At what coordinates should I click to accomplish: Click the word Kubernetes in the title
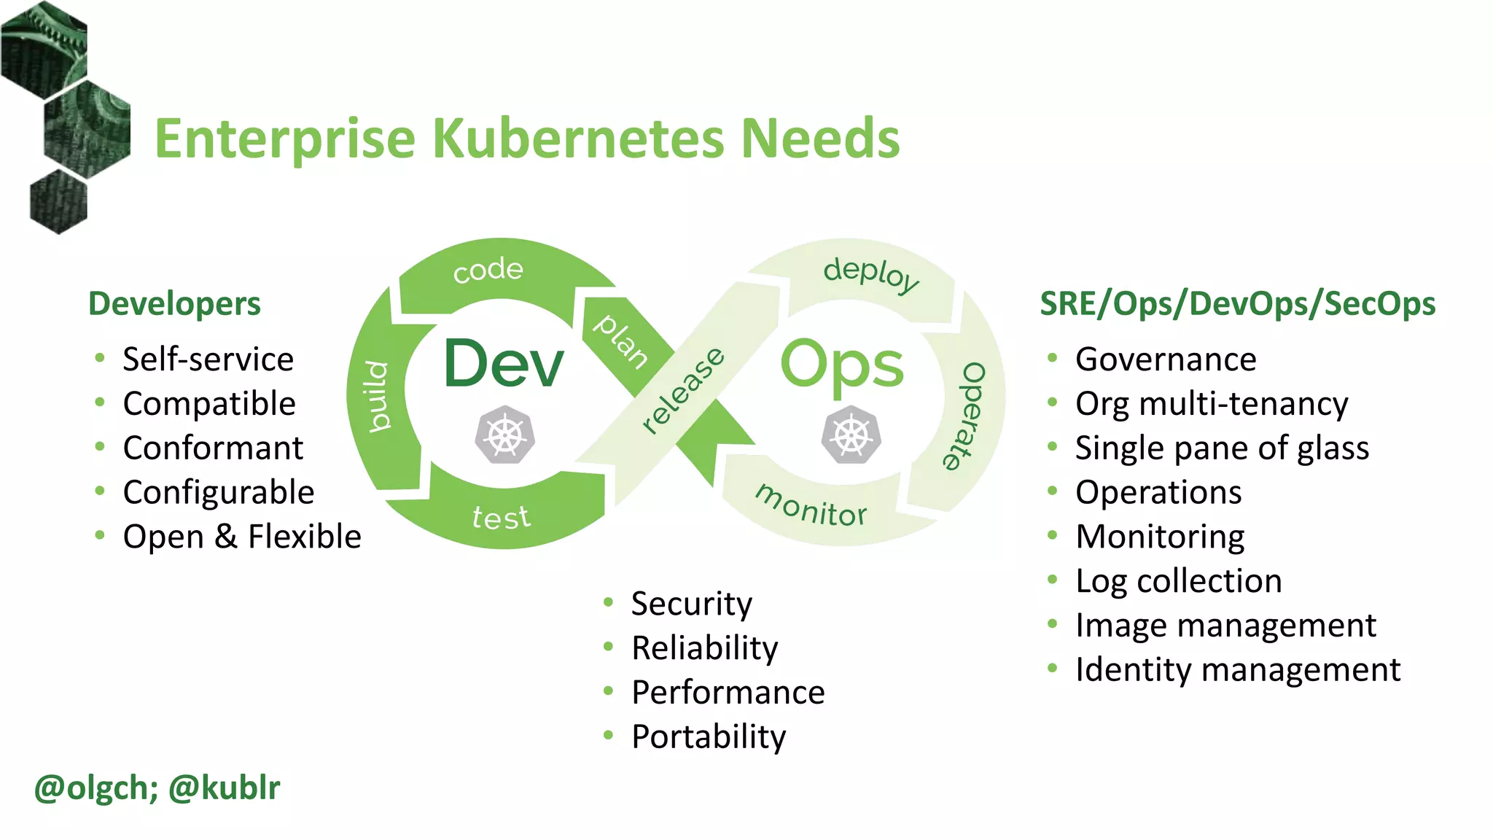pyautogui.click(x=579, y=139)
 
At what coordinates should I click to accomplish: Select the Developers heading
pyautogui.click(x=174, y=303)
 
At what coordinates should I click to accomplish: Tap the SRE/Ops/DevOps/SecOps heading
pyautogui.click(x=1237, y=303)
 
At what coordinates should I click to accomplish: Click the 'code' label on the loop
pyautogui.click(x=488, y=271)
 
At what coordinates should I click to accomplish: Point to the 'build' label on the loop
pyautogui.click(x=377, y=396)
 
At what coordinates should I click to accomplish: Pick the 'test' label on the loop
pyautogui.click(x=501, y=518)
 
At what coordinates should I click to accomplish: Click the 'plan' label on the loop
pyautogui.click(x=620, y=341)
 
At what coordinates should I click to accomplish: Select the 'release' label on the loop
pyautogui.click(x=682, y=391)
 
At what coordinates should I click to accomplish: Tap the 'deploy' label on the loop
pyautogui.click(x=870, y=274)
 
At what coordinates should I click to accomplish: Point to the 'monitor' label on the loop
pyautogui.click(x=811, y=505)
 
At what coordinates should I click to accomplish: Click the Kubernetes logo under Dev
pyautogui.click(x=504, y=435)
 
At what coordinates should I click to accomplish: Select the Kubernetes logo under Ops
pyautogui.click(x=851, y=435)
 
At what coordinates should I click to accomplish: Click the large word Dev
pyautogui.click(x=504, y=363)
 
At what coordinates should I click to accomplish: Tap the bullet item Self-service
pyautogui.click(x=208, y=359)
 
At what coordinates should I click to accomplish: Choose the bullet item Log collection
pyautogui.click(x=1178, y=581)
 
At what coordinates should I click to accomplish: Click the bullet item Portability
pyautogui.click(x=709, y=736)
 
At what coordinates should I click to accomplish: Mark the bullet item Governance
pyautogui.click(x=1166, y=359)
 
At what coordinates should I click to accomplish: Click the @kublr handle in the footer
pyautogui.click(x=225, y=788)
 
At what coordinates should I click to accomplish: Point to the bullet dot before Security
pyautogui.click(x=609, y=602)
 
